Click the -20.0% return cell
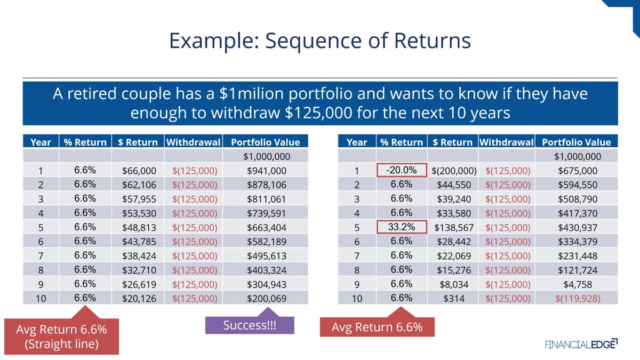click(402, 170)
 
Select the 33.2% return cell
click(402, 227)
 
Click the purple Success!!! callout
click(250, 325)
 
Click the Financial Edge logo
click(581, 344)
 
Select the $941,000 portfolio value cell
click(266, 171)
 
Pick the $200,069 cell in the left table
click(266, 298)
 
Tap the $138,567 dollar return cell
click(453, 227)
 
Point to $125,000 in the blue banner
click(318, 113)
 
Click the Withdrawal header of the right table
click(507, 142)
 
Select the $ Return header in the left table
click(138, 142)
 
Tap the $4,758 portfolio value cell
click(577, 284)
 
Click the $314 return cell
click(453, 298)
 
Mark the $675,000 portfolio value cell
click(577, 171)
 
